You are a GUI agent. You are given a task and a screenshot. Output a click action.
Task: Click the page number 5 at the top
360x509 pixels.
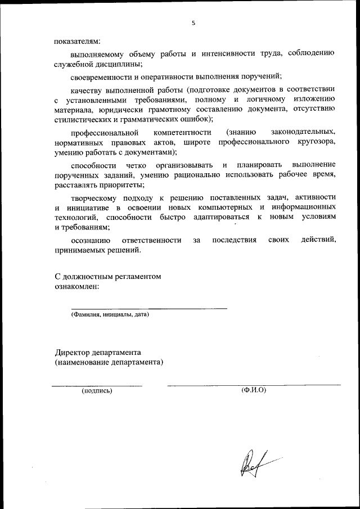point(193,23)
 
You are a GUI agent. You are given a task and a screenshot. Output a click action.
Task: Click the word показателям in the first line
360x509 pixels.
point(77,40)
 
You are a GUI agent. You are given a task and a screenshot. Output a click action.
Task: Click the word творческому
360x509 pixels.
point(93,197)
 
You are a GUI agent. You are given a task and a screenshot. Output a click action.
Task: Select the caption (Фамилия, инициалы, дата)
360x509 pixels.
point(110,315)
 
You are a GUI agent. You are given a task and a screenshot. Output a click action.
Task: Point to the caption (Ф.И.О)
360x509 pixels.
point(253,390)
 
